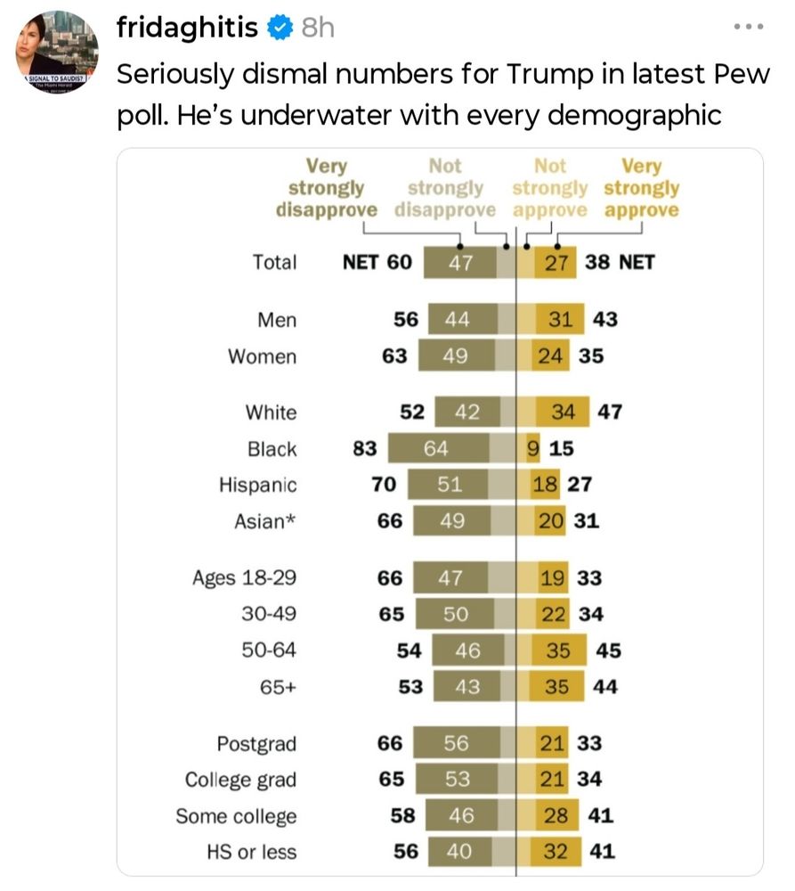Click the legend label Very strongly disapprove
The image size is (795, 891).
(x=327, y=188)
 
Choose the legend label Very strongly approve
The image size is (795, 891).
(x=641, y=188)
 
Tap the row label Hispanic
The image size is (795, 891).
(x=258, y=485)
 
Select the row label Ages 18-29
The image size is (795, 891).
(x=244, y=577)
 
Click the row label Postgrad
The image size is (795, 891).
(x=256, y=743)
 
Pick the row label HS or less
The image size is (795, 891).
(x=252, y=852)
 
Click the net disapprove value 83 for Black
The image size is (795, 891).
(x=365, y=448)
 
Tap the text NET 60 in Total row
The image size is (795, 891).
(x=377, y=262)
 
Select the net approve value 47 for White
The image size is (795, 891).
(x=610, y=412)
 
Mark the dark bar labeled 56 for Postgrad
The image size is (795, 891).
(x=457, y=743)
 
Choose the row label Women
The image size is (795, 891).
(x=262, y=356)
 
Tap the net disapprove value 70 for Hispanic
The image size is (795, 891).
(x=384, y=485)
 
